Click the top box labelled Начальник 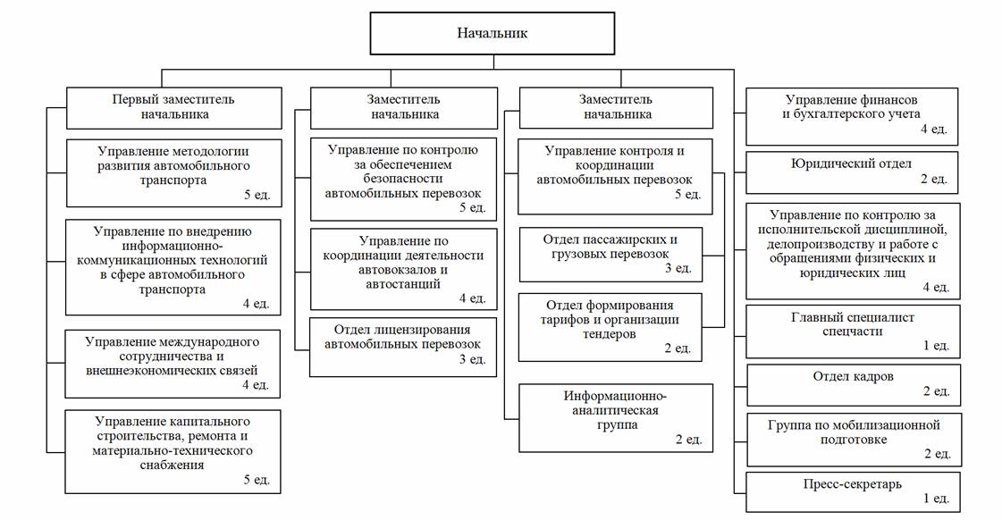[x=492, y=33]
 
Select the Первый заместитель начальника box [x=173, y=108]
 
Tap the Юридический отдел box [x=853, y=172]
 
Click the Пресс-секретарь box [x=853, y=492]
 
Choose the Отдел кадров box [x=854, y=385]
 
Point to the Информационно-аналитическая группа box [x=615, y=418]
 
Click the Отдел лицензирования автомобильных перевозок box [x=403, y=347]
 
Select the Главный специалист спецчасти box [x=853, y=331]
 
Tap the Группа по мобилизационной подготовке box [x=854, y=440]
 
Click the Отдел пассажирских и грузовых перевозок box [x=610, y=255]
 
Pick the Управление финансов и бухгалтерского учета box [x=853, y=116]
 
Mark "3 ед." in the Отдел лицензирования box [x=472, y=360]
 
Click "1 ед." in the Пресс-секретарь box [x=936, y=499]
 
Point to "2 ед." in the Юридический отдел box [x=934, y=179]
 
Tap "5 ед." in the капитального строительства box [x=257, y=479]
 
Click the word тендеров [x=609, y=334]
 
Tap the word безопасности [x=402, y=179]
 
